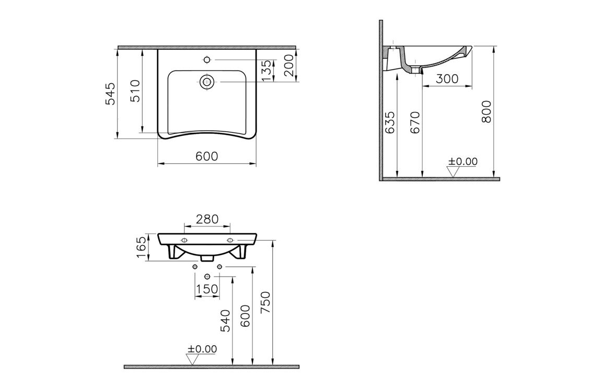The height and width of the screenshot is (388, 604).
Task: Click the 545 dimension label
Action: (x=111, y=93)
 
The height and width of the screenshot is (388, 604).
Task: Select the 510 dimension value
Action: (x=135, y=90)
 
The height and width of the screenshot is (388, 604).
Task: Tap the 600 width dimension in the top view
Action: (x=207, y=156)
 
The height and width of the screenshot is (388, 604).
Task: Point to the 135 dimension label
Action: (x=266, y=71)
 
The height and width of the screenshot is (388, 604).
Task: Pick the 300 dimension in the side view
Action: (x=447, y=78)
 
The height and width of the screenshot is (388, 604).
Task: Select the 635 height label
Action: (x=390, y=122)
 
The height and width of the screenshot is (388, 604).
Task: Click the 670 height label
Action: (x=415, y=122)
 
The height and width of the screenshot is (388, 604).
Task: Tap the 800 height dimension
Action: (x=486, y=111)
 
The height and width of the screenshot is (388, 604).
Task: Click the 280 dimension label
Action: (x=207, y=219)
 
